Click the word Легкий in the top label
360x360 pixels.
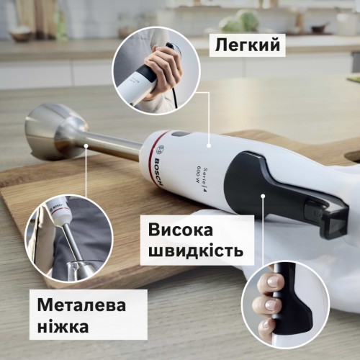(x=248, y=45)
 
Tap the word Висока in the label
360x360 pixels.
(x=181, y=230)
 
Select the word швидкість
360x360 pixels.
(x=196, y=251)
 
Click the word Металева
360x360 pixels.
(x=81, y=305)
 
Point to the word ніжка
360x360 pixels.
(x=63, y=326)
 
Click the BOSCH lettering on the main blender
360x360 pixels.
(x=159, y=172)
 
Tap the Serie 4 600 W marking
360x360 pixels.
(x=200, y=181)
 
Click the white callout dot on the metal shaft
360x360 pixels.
(x=86, y=145)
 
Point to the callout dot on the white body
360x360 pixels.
(x=209, y=145)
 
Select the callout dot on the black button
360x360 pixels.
(x=263, y=196)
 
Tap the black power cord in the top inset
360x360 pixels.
(x=177, y=96)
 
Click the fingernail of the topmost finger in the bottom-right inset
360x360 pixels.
(x=273, y=281)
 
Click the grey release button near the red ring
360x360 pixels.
(x=179, y=135)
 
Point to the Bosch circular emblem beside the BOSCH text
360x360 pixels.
(x=160, y=150)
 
